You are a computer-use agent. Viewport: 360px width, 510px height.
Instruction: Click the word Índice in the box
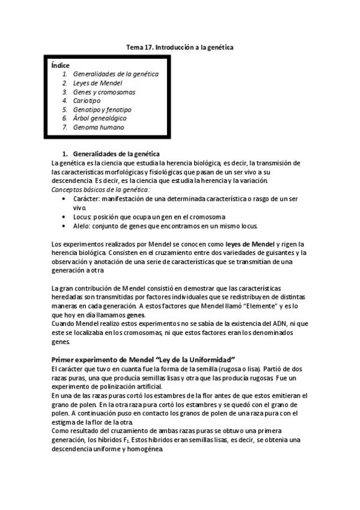(60, 64)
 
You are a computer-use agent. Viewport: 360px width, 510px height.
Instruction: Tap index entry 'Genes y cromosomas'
(104, 92)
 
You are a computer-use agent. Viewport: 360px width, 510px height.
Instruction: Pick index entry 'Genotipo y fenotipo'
(102, 110)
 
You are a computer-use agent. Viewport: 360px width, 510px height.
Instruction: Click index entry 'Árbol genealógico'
(100, 118)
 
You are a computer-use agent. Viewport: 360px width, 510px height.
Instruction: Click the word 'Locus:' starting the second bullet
(82, 217)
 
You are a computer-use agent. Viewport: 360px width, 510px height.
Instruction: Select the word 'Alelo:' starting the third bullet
(82, 226)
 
